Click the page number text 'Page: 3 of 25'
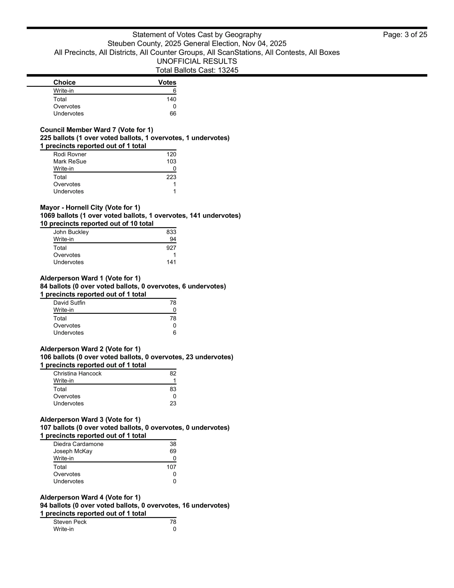(405, 35)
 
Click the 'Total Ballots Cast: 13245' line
(197, 70)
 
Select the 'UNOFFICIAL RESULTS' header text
(197, 61)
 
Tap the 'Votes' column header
(167, 82)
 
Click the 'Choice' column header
(64, 82)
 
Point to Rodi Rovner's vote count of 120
(171, 154)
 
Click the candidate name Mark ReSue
(70, 161)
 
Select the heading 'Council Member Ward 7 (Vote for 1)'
(96, 130)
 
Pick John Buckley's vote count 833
(171, 232)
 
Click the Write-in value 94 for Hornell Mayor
(173, 239)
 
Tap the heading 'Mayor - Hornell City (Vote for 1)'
(90, 208)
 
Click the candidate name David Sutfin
(69, 303)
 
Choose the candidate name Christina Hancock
(78, 374)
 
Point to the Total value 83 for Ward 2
(173, 389)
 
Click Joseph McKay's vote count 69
(173, 451)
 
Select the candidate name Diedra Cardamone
(78, 444)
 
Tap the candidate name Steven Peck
(70, 522)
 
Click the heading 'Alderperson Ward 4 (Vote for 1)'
(90, 497)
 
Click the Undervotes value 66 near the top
(173, 114)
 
